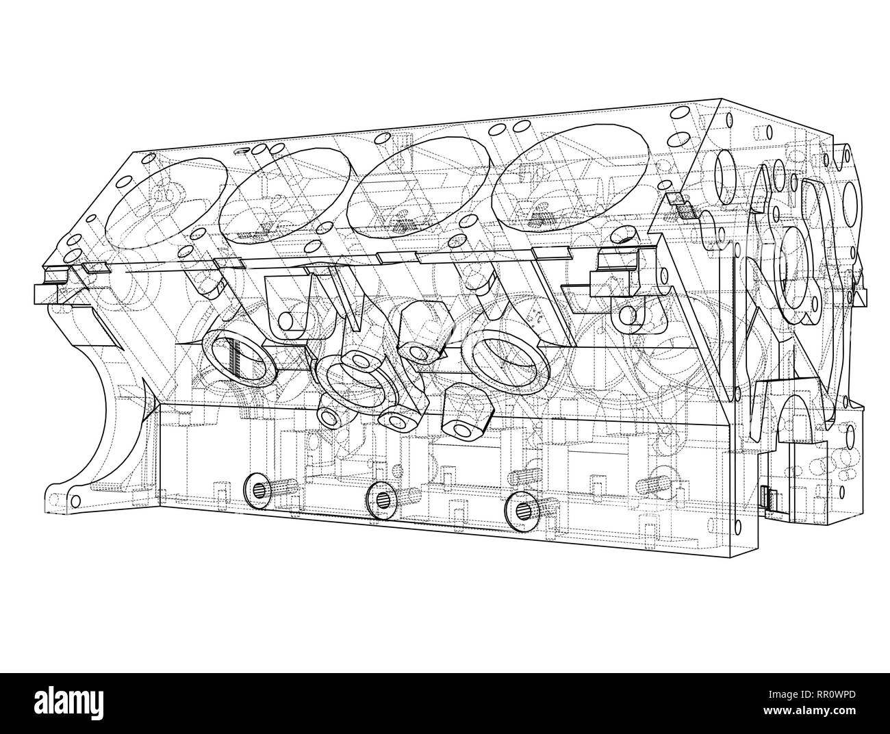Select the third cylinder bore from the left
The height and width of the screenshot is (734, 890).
coord(419,181)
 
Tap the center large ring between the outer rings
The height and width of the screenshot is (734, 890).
coord(349,381)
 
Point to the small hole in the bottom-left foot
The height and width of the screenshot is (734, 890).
coord(75,498)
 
